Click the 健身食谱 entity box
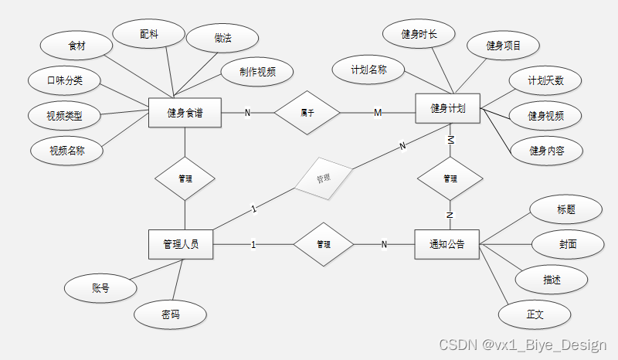click(x=185, y=113)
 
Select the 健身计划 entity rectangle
click(x=448, y=108)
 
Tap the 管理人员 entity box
click(x=181, y=244)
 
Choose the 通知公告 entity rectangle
click(x=447, y=244)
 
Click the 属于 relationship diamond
click(x=307, y=113)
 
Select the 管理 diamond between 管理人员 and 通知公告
click(x=324, y=244)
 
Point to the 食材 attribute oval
click(x=76, y=46)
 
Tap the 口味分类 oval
click(x=65, y=80)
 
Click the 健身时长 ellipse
click(x=419, y=34)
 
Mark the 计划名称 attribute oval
click(x=368, y=70)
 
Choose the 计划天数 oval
click(x=545, y=81)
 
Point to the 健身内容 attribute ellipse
click(x=546, y=150)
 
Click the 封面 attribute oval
click(x=568, y=244)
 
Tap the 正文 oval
click(x=535, y=314)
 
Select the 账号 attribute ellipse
click(x=100, y=288)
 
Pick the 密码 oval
click(x=171, y=314)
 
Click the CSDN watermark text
click(x=522, y=344)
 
